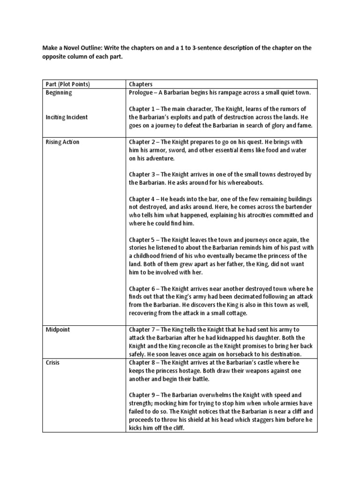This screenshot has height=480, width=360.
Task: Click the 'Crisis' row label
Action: pos(52,363)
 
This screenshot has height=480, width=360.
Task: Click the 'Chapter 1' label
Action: pos(144,109)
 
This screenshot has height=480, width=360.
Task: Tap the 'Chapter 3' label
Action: pos(144,175)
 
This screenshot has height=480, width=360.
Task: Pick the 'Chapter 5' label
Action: pos(144,240)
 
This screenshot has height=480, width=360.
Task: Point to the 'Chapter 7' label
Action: pos(144,330)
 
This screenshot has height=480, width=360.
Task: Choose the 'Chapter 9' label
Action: pos(144,395)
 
